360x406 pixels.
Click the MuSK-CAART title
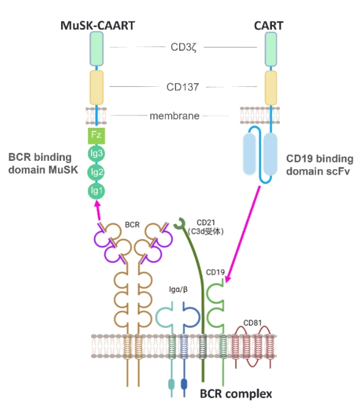[x=98, y=26]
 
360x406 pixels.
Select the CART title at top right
[x=269, y=26]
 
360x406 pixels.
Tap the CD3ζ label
[x=183, y=47]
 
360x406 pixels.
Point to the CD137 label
[x=183, y=87]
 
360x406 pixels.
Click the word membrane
[x=175, y=116]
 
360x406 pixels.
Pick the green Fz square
[x=97, y=136]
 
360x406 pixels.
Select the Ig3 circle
[x=97, y=153]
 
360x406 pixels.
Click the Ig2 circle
[x=97, y=172]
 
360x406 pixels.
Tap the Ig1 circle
[x=97, y=191]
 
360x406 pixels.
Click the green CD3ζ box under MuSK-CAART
[x=97, y=49]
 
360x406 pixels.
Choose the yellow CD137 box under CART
[x=271, y=88]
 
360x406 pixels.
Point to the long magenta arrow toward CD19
[x=243, y=234]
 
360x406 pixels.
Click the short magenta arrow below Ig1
[x=98, y=211]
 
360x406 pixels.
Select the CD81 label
[x=252, y=323]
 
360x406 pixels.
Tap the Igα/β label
[x=178, y=289]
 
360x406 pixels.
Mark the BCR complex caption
[x=236, y=394]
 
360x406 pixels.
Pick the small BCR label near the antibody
[x=132, y=224]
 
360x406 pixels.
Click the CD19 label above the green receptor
[x=215, y=272]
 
